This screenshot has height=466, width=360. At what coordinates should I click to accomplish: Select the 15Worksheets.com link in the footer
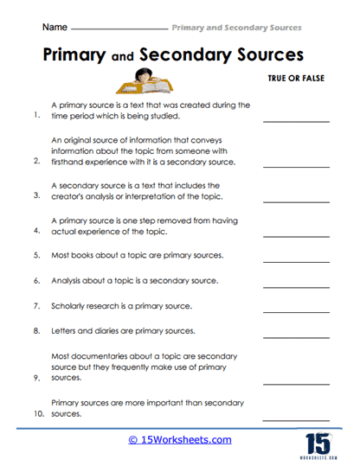pyautogui.click(x=180, y=440)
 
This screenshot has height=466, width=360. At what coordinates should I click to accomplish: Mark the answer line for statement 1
pyautogui.click(x=295, y=120)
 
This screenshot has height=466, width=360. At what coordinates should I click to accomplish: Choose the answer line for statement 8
pyautogui.click(x=295, y=335)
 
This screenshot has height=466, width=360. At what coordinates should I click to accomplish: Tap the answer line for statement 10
pyautogui.click(x=295, y=418)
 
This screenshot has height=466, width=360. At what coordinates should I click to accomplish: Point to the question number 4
pyautogui.click(x=36, y=232)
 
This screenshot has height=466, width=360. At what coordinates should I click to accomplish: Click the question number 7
pyautogui.click(x=36, y=306)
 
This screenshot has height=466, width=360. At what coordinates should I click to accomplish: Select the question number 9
pyautogui.click(x=36, y=377)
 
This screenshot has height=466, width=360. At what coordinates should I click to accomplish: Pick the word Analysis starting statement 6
pyautogui.click(x=69, y=281)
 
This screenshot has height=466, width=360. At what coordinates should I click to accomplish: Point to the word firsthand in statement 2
pyautogui.click(x=71, y=161)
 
